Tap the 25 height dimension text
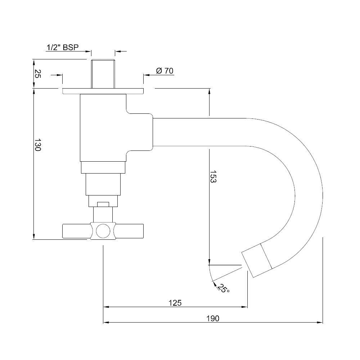tap(37, 74)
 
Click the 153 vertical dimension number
tap(213, 177)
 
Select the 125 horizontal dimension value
tap(175, 303)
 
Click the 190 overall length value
tap(213, 318)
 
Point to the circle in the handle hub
tap(103, 231)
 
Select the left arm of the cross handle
tap(76, 231)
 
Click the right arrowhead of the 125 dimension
tap(245, 307)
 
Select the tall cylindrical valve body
tap(103, 128)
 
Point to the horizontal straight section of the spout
tap(198, 132)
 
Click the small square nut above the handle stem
tap(103, 204)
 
